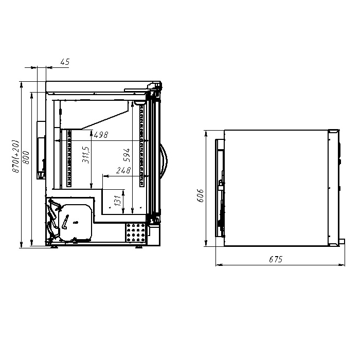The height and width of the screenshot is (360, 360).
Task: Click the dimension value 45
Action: pos(65,62)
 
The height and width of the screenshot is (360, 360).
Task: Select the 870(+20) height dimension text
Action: pos(16,156)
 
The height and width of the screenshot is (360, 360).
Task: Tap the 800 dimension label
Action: pos(26,157)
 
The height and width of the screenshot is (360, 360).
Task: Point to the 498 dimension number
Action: pos(101,135)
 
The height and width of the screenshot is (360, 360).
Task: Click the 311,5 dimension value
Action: pos(86,155)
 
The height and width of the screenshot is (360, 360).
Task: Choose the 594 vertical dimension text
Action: pos(127,155)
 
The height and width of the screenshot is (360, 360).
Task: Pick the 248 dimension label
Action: pos(123,170)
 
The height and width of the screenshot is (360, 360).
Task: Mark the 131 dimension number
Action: pos(117,201)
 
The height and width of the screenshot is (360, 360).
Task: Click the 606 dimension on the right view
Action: pos(200,195)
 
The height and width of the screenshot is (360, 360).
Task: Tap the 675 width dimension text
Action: pos(276,259)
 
